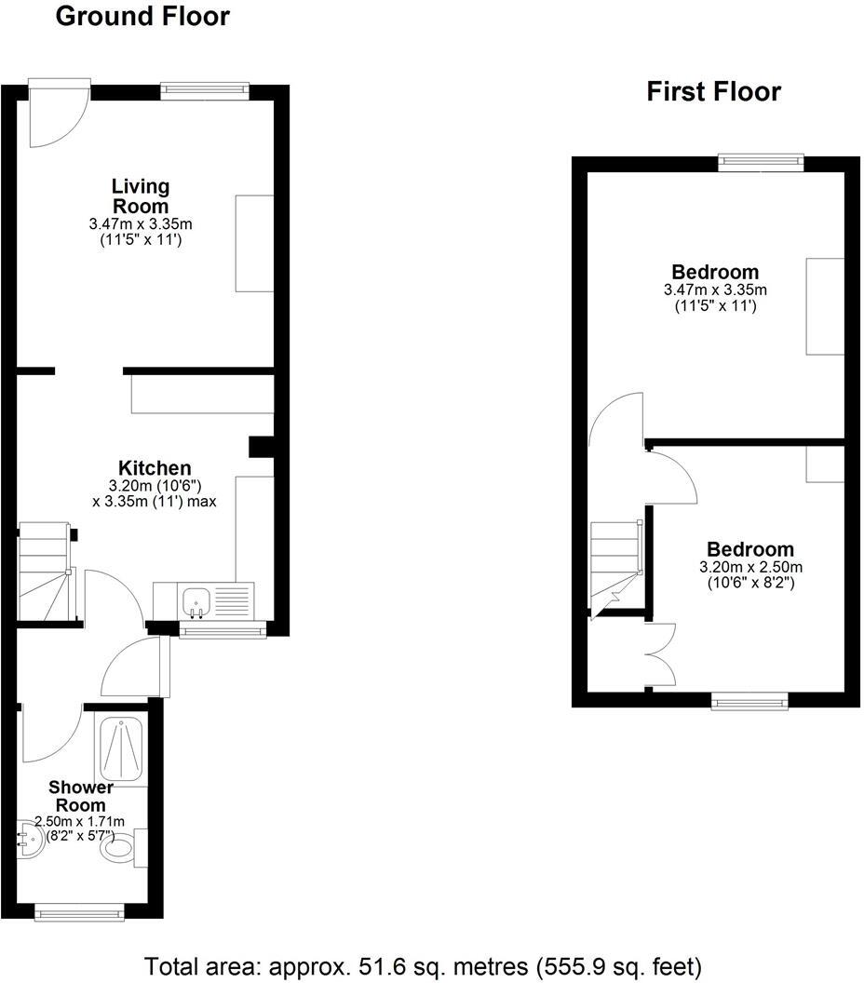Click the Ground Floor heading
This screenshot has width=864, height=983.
tap(142, 17)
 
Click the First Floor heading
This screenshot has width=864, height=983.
tap(713, 91)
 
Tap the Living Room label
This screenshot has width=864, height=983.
tap(141, 195)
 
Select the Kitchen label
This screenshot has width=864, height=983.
tap(155, 468)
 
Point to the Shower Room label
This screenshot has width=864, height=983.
tap(80, 797)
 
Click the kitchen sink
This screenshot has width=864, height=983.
tap(196, 601)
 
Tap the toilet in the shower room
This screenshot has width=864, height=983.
tap(120, 847)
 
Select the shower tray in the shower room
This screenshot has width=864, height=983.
tap(121, 748)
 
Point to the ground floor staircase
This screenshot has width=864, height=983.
tap(45, 570)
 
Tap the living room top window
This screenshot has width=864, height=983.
tap(205, 90)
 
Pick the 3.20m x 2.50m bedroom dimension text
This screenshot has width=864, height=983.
tap(750, 567)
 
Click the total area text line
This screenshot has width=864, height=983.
tap(423, 964)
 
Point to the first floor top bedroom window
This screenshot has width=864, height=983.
tap(761, 162)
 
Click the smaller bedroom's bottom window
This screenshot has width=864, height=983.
tap(749, 701)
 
